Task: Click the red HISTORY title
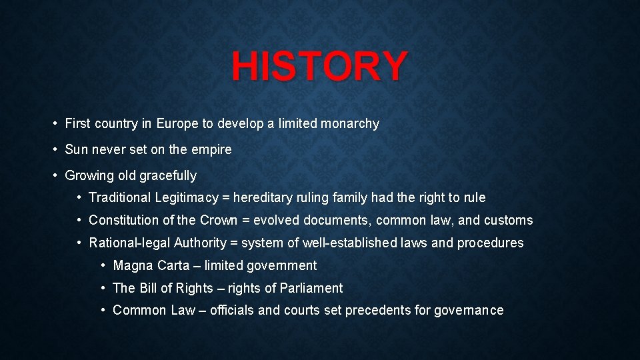(319, 65)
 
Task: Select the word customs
(508, 220)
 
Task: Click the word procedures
(490, 243)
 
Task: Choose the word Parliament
(312, 288)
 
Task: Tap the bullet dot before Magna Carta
(103, 265)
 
